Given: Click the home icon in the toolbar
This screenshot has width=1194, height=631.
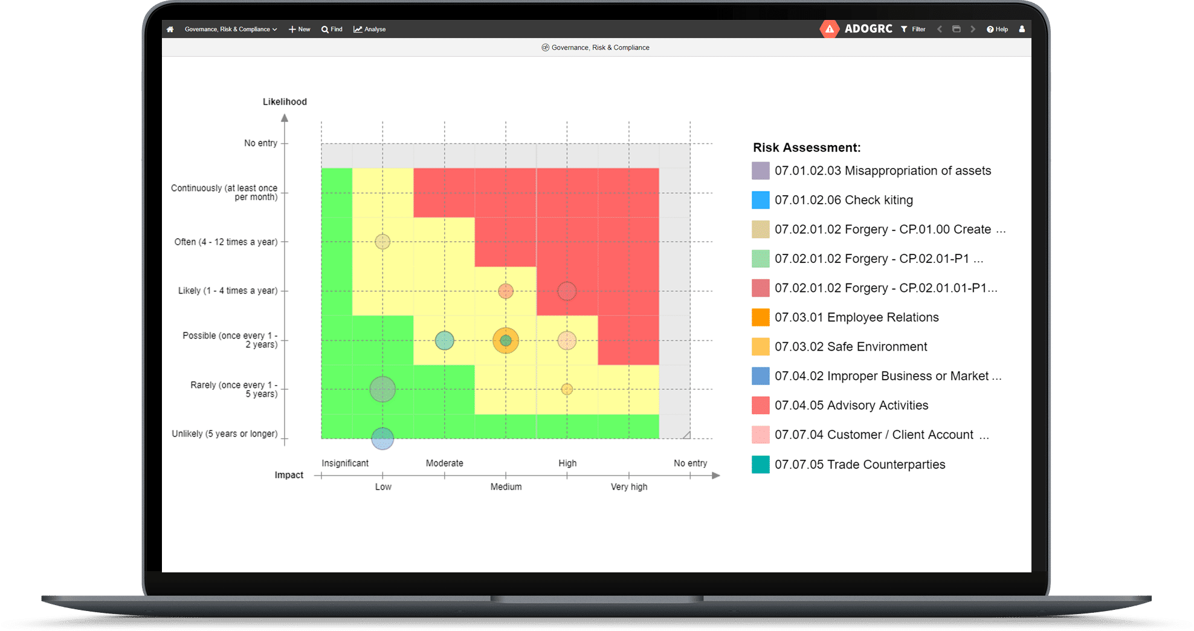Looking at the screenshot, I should [170, 29].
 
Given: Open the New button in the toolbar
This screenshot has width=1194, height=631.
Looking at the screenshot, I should [300, 29].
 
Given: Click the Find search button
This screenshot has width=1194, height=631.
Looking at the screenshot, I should [332, 29].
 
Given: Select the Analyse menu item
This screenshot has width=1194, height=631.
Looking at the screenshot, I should [370, 29].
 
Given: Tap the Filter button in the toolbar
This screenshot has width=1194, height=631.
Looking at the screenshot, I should [913, 29].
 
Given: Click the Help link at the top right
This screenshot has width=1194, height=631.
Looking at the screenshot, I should [997, 29].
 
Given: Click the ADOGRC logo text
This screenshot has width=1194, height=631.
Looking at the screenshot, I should [868, 28].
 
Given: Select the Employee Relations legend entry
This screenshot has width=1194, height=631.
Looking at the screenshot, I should [856, 317].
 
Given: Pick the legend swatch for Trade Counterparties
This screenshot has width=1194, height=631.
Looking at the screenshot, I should [761, 464].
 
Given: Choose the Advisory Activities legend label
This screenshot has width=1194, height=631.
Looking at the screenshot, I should [851, 406].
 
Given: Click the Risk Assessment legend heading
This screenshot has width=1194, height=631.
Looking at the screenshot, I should [806, 147].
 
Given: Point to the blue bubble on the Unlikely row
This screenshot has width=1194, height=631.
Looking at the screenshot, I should [382, 438].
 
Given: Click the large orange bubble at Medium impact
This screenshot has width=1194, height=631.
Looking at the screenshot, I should [506, 340].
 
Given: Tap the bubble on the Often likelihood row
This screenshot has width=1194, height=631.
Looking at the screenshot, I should [382, 242].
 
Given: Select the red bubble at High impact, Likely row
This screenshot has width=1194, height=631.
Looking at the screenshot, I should [567, 291].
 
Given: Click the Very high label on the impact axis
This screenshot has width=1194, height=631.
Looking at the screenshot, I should [628, 487].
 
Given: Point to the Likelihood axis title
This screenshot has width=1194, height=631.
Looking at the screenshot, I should [285, 102].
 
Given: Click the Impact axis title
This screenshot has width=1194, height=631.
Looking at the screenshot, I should [289, 475].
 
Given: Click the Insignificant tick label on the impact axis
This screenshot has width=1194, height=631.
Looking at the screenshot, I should [345, 463].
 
